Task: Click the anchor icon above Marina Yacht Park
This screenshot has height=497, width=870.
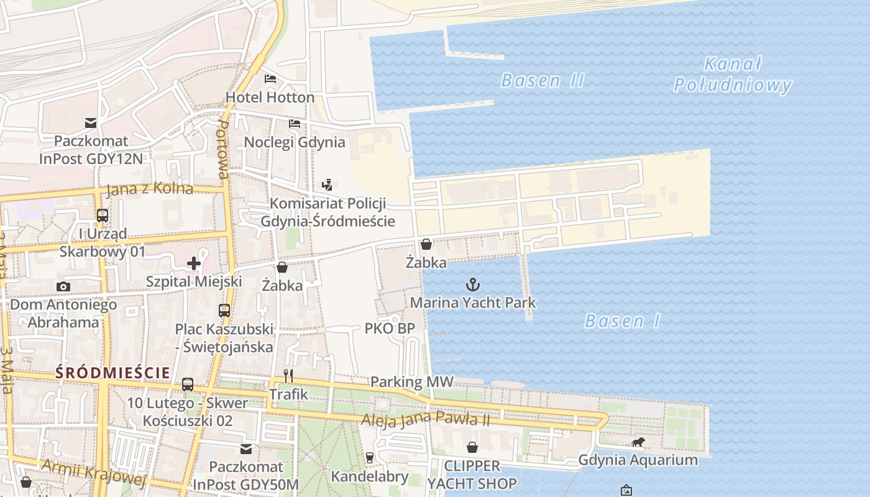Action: (473, 285)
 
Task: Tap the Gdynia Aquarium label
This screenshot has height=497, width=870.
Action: (638, 460)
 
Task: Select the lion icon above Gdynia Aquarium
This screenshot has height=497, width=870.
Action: (638, 442)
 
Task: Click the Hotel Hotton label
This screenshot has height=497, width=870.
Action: (270, 98)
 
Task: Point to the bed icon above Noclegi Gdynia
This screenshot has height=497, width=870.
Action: (295, 124)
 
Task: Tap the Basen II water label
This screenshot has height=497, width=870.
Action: (543, 81)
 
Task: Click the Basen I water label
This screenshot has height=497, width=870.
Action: (622, 321)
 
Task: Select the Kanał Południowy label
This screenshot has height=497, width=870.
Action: (733, 75)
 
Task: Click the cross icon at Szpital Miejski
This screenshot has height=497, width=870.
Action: (194, 263)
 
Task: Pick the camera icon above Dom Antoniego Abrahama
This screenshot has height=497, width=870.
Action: (63, 286)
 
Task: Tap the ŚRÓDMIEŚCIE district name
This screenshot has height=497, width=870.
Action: (112, 373)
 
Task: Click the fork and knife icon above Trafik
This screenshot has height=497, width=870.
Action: (288, 376)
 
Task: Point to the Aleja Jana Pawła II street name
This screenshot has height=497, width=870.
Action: (426, 420)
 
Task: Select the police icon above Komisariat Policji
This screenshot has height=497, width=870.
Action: (327, 185)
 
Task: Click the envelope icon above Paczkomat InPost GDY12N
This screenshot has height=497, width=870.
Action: (91, 123)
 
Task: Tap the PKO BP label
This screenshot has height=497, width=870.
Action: (390, 329)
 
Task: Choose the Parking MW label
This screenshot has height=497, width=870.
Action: (412, 382)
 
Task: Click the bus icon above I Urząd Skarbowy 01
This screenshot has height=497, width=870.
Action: (103, 216)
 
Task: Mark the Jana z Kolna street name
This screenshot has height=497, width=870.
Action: (149, 189)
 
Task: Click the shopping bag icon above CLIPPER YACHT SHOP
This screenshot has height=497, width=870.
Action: (472, 447)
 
